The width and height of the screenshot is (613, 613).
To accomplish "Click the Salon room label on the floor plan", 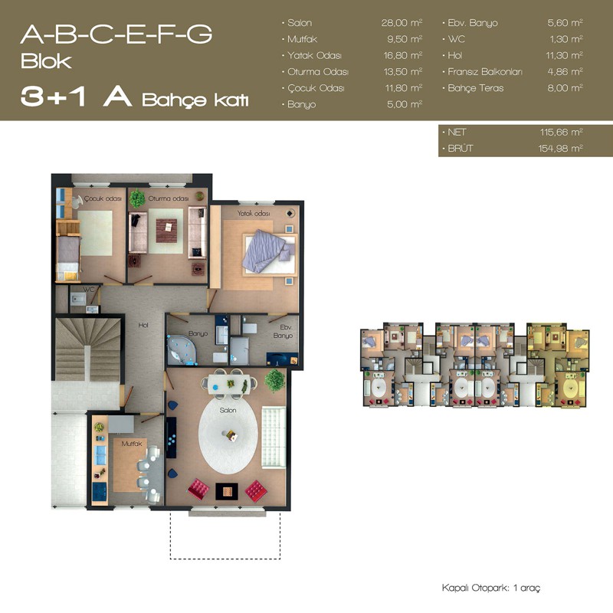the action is tap(228, 410).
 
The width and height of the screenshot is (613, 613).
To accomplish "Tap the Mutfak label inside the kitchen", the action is tap(132, 444).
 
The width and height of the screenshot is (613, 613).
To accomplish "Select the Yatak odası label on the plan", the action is tap(254, 214).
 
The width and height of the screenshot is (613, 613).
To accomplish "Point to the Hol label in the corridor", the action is tap(143, 325).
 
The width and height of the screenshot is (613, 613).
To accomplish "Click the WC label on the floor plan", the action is tap(89, 290).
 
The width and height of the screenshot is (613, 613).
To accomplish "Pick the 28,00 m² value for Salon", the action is tap(402, 23).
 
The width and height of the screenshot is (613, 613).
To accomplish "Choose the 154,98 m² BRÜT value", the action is tap(561, 148).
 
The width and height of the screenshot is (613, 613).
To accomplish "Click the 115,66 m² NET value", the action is tap(562, 132).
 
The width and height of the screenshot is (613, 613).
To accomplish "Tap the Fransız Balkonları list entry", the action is tap(483, 71).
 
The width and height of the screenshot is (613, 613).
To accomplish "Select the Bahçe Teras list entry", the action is tap(473, 88).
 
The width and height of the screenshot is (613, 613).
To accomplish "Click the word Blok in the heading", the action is tap(46, 61).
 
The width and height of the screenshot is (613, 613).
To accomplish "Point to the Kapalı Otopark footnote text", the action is tap(491, 588).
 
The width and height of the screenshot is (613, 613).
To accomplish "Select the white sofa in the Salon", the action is tap(274, 437).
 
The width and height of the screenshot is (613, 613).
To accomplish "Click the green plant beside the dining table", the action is tap(274, 380).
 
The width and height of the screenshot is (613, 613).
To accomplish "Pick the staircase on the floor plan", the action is tap(88, 349).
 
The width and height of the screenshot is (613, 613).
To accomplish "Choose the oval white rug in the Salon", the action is tap(228, 435).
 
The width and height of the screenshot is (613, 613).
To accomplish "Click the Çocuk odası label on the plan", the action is tap(103, 198).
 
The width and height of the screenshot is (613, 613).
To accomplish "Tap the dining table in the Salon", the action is tap(229, 384).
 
